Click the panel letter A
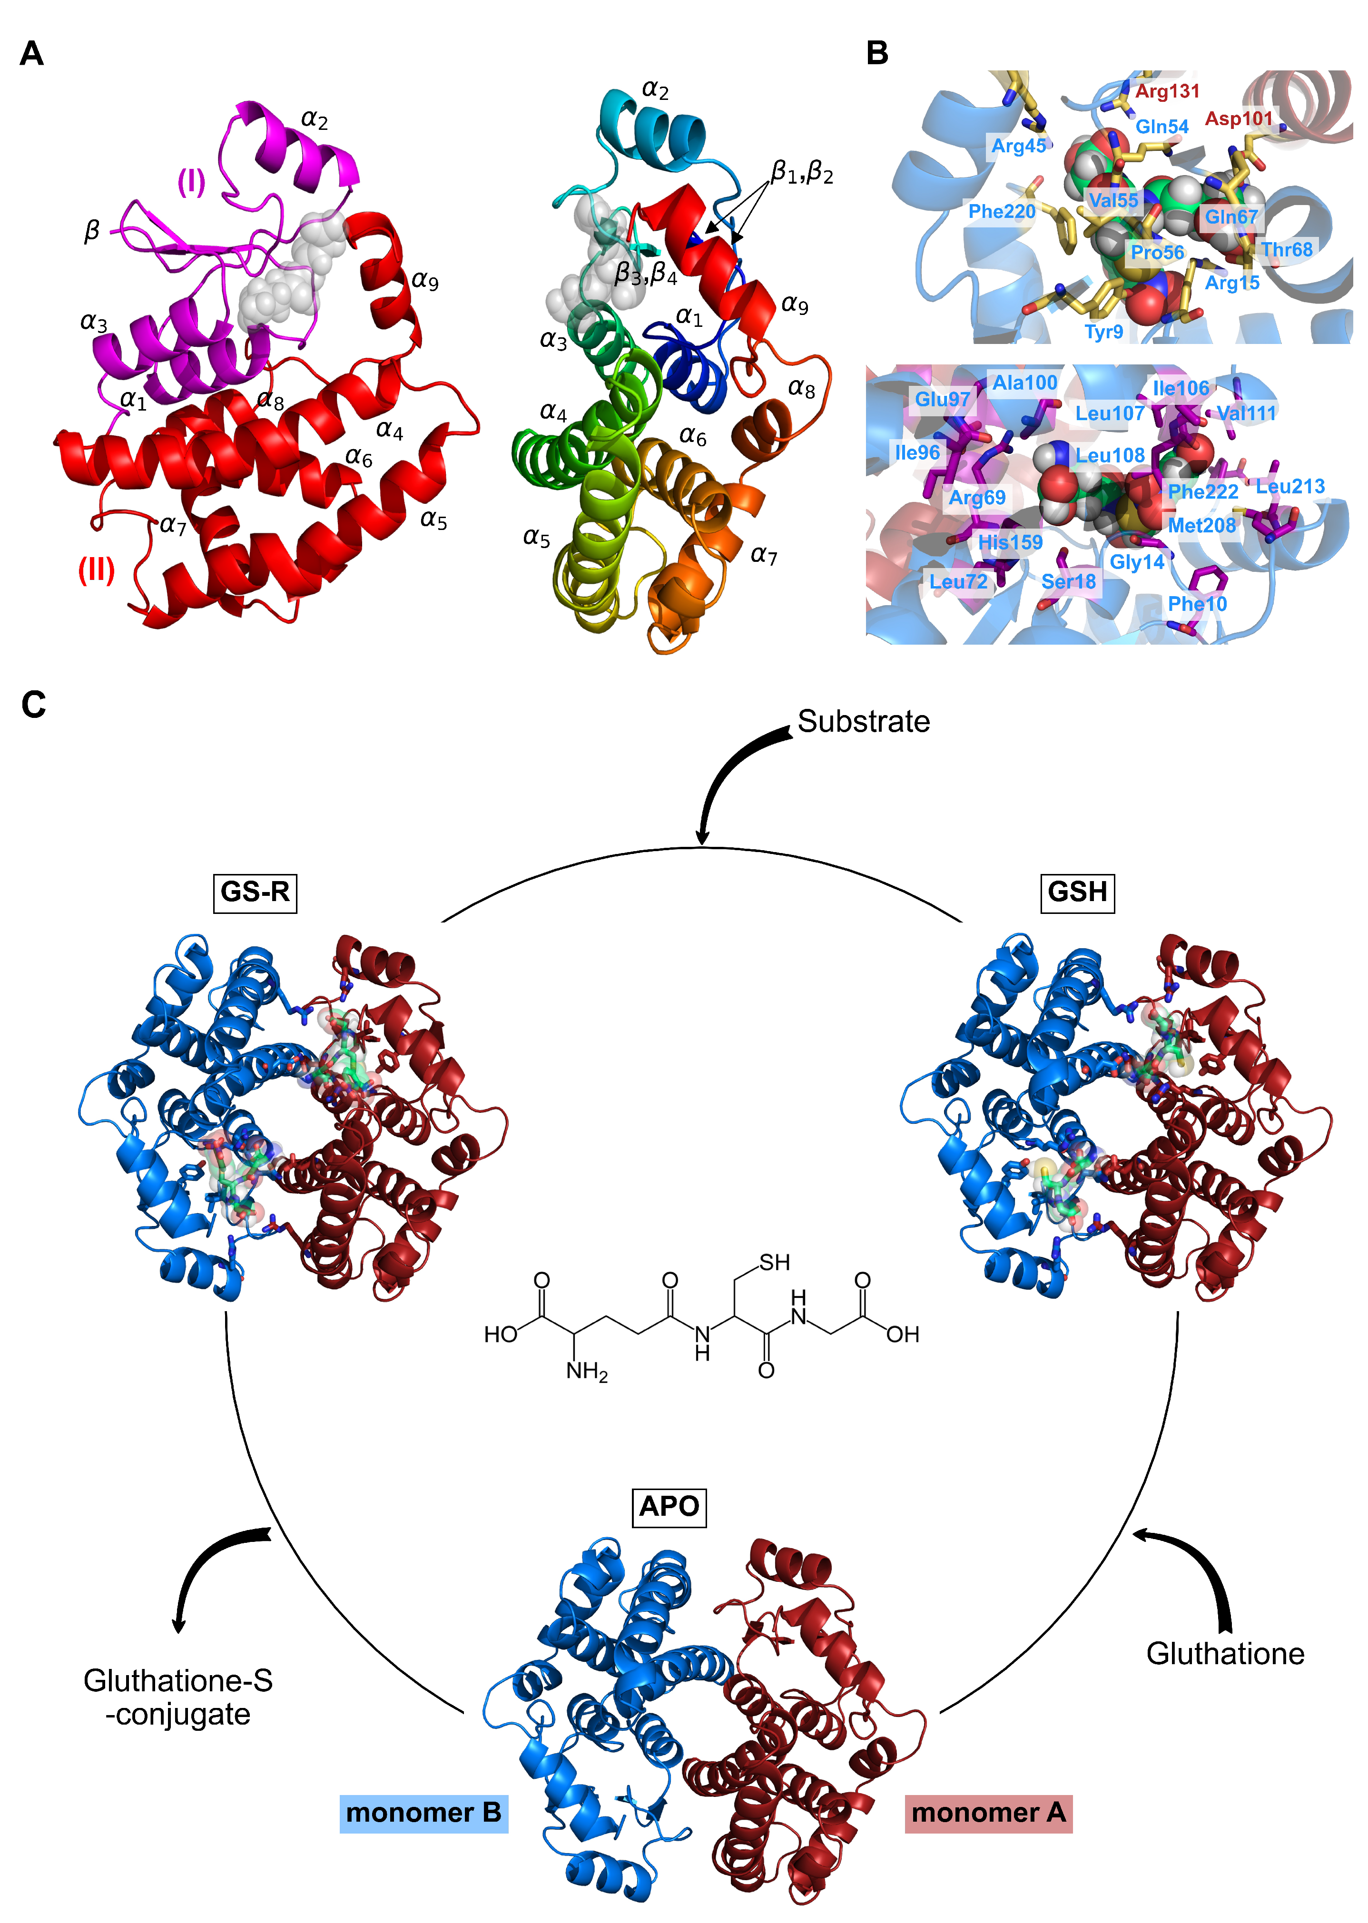(31, 54)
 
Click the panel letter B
(877, 54)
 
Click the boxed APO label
(669, 1506)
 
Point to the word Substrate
(864, 722)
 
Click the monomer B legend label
(423, 1813)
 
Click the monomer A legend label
(988, 1813)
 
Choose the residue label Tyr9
(1103, 332)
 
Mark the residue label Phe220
(1002, 211)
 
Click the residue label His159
(1010, 542)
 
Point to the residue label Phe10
(1197, 604)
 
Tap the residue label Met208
(1201, 526)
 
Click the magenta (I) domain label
(191, 181)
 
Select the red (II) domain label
(96, 570)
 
